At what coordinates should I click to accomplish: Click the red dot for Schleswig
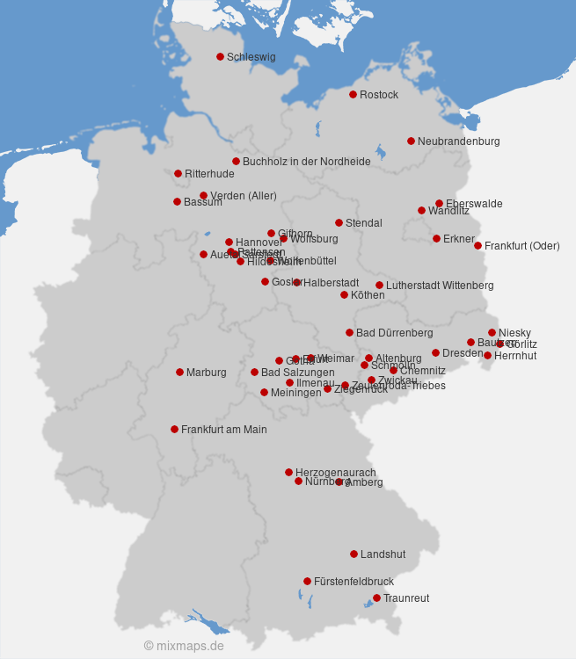click(220, 56)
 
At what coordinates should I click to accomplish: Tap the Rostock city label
click(379, 95)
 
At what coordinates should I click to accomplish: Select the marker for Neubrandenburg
click(411, 141)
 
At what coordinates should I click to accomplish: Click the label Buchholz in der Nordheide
click(306, 162)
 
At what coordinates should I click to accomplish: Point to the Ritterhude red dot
click(178, 173)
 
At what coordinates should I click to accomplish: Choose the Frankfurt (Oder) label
click(521, 246)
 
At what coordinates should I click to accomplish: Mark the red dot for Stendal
click(339, 222)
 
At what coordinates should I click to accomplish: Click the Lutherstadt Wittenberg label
click(440, 286)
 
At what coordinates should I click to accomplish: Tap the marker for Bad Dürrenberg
click(349, 332)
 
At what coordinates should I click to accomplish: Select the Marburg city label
click(206, 373)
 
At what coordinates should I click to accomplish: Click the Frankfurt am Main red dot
click(174, 429)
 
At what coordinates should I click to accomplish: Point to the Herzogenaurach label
click(335, 473)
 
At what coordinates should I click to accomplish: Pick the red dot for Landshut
click(354, 554)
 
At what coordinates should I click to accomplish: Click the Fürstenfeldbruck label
click(354, 582)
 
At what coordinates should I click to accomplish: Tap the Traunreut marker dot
click(376, 597)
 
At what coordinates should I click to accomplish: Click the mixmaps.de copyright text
click(184, 646)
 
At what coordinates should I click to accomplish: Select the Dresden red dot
click(435, 352)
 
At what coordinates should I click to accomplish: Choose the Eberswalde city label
click(474, 204)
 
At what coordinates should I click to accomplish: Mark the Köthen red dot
click(344, 294)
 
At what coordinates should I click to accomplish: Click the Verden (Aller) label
click(243, 196)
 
